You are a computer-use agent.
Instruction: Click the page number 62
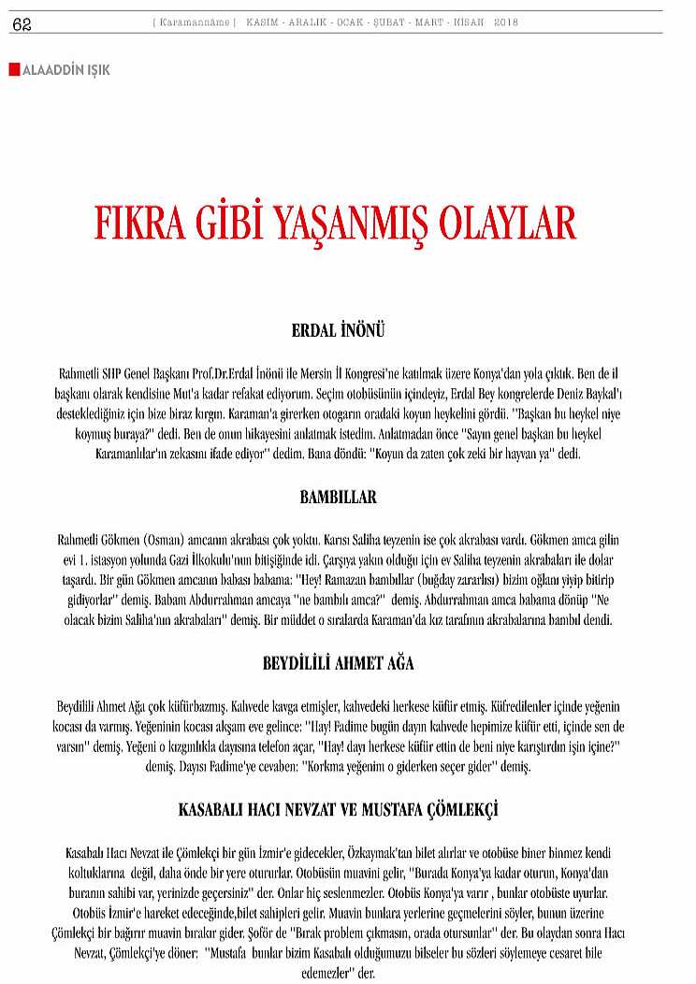click(22, 25)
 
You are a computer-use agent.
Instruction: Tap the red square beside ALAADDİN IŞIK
click(14, 69)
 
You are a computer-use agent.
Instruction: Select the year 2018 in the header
click(505, 22)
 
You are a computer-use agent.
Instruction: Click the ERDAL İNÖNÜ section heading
click(338, 331)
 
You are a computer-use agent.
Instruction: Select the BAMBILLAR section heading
click(338, 497)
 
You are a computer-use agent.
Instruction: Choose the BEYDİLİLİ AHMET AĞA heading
click(338, 663)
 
